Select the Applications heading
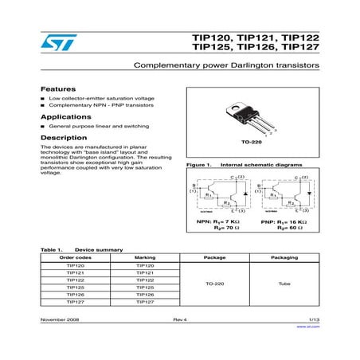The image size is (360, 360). click(x=65, y=116)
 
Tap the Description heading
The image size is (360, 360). click(x=63, y=137)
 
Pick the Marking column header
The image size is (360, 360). click(x=145, y=258)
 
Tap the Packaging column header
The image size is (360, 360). click(x=284, y=258)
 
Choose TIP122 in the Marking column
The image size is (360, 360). click(x=145, y=280)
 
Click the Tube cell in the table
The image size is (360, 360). click(x=284, y=284)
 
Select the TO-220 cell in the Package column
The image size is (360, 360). click(x=215, y=284)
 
